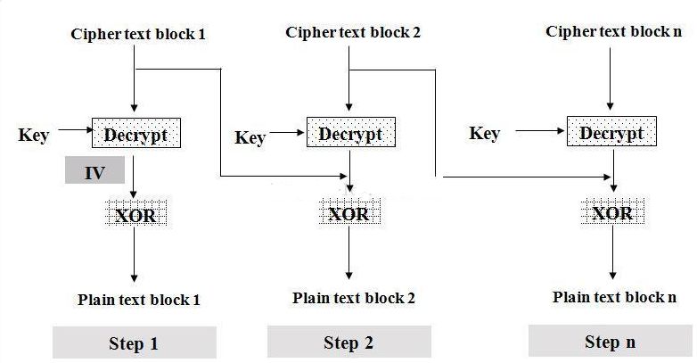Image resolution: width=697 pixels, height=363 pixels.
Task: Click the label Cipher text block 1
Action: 138,35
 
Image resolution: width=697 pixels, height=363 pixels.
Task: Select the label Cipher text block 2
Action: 353,32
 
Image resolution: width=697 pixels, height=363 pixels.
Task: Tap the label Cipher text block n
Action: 613,31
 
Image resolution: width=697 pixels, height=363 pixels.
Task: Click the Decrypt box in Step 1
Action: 136,135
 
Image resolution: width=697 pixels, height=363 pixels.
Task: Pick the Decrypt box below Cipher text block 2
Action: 350,134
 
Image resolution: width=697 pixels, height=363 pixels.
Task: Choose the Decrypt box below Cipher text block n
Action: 611,133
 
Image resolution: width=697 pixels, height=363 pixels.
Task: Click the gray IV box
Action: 94,172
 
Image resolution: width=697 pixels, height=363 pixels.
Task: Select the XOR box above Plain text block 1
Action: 135,214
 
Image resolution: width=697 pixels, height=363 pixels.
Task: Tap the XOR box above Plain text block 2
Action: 349,214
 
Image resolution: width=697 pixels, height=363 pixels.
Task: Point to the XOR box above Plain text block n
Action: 612,213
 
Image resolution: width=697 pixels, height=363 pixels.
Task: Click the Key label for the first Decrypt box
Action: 34,136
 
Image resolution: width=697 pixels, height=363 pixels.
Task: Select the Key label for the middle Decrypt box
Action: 250,137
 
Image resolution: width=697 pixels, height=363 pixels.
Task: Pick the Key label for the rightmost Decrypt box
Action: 484,134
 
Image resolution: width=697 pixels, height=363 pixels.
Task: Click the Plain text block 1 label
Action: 138,300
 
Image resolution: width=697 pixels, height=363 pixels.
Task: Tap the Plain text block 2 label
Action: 353,298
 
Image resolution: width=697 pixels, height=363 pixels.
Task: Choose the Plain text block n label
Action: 614,297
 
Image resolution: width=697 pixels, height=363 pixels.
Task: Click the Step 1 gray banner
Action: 134,343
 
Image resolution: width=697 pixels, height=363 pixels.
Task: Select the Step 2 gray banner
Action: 348,342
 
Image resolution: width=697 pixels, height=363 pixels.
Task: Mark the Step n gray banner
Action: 610,342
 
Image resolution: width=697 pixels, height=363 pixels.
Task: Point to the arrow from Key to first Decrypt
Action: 71,136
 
